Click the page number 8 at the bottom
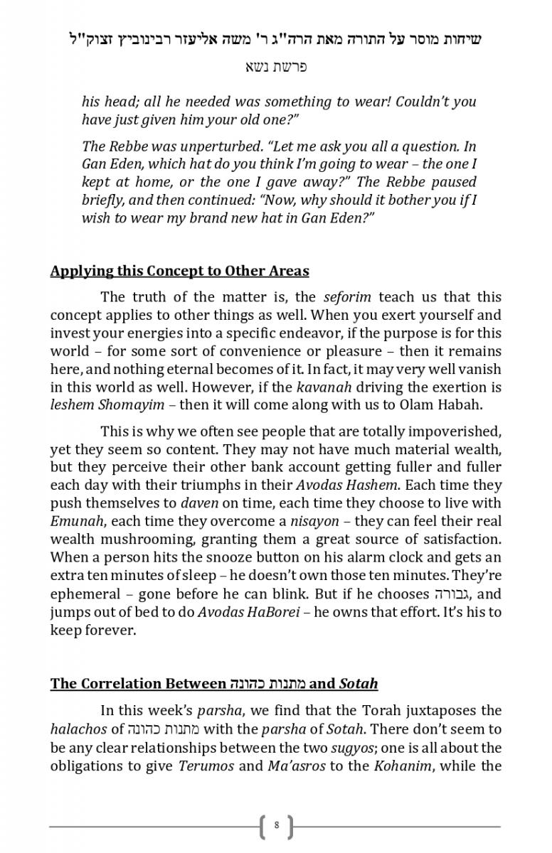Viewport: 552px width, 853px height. (x=276, y=826)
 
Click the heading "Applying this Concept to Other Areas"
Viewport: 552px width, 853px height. (x=179, y=271)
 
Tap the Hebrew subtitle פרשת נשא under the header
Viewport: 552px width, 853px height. (x=276, y=67)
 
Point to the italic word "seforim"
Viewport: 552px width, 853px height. (x=348, y=297)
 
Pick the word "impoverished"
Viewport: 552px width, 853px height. (x=455, y=431)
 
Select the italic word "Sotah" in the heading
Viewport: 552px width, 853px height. (x=359, y=684)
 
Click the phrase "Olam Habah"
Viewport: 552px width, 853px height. (x=442, y=405)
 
